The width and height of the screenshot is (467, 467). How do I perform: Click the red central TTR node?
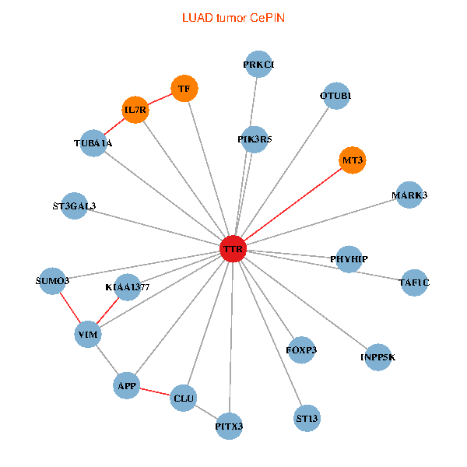click(x=233, y=249)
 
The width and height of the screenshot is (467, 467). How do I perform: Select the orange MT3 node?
click(x=353, y=160)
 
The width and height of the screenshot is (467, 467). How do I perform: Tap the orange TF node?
click(x=184, y=89)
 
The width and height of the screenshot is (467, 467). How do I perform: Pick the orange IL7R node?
click(x=135, y=110)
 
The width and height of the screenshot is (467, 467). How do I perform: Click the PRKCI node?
click(x=258, y=65)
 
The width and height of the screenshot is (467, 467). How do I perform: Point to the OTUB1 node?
click(x=335, y=96)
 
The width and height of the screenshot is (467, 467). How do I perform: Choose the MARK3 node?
click(x=409, y=195)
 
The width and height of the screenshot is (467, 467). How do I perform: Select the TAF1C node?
click(x=413, y=282)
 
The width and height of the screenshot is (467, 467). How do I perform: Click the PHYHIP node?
click(x=349, y=258)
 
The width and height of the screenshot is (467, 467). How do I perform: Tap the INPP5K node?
click(x=377, y=357)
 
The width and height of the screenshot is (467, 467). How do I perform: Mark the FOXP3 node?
click(x=301, y=350)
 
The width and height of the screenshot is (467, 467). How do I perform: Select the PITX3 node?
click(x=229, y=426)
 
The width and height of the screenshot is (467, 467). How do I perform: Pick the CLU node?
click(x=184, y=399)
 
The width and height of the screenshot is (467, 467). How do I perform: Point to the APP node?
click(x=127, y=385)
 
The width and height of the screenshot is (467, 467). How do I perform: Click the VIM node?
click(x=87, y=335)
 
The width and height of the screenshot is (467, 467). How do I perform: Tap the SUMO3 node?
click(x=53, y=280)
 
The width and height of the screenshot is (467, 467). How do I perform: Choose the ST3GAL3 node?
click(x=74, y=206)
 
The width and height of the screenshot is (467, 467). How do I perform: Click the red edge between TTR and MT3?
click(x=293, y=205)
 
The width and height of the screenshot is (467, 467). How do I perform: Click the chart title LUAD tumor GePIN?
click(x=233, y=16)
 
